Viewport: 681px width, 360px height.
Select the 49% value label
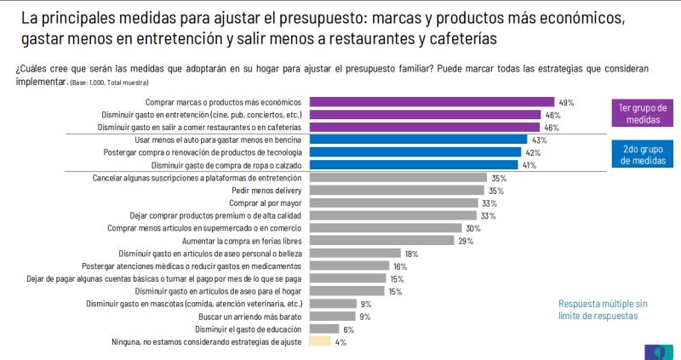coord(566,102)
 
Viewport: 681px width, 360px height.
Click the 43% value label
coord(539,140)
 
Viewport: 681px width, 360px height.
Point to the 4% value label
coord(340,342)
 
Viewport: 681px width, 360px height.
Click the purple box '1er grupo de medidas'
coord(642,114)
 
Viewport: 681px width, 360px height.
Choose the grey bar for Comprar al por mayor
coord(391,203)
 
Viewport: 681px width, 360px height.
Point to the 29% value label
coord(466,241)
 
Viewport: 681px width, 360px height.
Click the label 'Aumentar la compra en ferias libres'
coord(239,241)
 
